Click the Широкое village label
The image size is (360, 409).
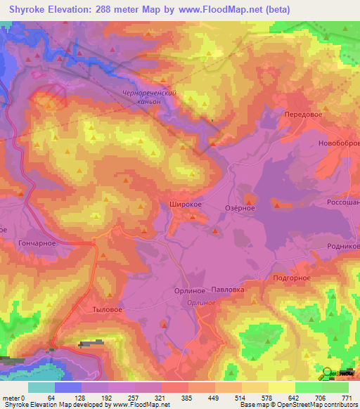click(186, 204)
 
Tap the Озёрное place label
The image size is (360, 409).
click(239, 208)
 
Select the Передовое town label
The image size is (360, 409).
click(303, 114)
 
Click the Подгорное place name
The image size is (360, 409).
click(291, 278)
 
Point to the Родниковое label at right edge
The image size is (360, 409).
click(344, 247)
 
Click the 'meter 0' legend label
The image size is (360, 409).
click(13, 397)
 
